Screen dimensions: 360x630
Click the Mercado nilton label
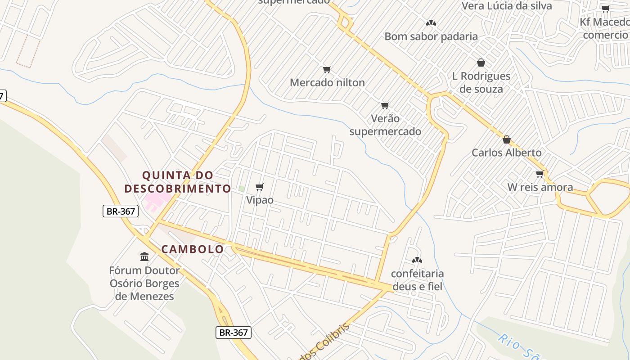[327, 82]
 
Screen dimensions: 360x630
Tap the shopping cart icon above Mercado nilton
[327, 69]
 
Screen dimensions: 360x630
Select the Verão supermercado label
[385, 125]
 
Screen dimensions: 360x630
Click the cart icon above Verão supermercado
[385, 105]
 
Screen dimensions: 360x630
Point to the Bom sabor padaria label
[431, 36]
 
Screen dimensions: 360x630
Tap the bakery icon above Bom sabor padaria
[431, 22]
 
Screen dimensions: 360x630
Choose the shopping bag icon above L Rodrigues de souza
[481, 63]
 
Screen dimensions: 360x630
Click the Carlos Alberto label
[506, 153]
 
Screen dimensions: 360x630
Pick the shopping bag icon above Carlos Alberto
[507, 139]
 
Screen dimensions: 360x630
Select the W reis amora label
[540, 187]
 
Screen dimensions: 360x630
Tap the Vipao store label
[260, 200]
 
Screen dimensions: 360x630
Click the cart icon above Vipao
[259, 187]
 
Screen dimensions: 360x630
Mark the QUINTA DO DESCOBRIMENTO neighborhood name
[178, 181]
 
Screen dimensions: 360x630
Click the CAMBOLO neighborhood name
[193, 249]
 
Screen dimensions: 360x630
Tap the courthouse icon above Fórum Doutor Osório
[144, 256]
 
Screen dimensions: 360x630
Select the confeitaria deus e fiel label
[417, 280]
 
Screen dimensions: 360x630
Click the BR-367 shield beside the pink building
[120, 211]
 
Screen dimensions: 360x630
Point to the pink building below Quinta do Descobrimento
[156, 201]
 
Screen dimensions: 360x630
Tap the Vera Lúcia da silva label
[507, 6]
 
